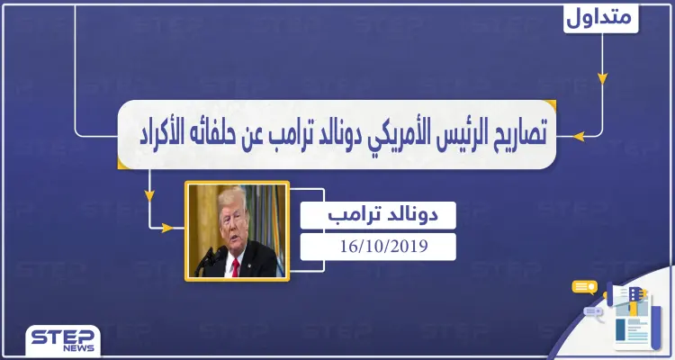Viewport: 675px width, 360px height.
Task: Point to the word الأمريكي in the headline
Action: [x=369, y=136]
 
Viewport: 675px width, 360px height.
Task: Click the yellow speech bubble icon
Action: [x=585, y=287]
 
